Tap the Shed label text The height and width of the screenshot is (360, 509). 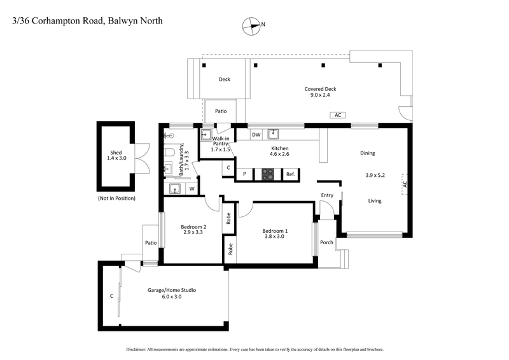pos(116,153)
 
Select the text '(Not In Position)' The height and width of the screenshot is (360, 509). pos(116,198)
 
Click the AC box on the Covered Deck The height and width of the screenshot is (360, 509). pos(338,115)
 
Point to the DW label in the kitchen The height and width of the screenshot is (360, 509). pos(256,134)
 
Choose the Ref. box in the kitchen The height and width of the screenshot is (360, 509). pos(290,174)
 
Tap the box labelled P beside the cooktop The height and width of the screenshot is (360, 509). pos(244,174)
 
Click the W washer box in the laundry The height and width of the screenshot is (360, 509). pos(191,188)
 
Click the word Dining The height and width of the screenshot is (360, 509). pos(367,153)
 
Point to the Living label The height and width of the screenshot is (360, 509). pos(375,201)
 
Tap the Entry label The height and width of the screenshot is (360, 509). pos(327,195)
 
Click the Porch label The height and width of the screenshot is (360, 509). pos(326,242)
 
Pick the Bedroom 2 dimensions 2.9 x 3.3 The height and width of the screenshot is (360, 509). pos(193,232)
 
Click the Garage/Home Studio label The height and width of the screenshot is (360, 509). pos(172,290)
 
